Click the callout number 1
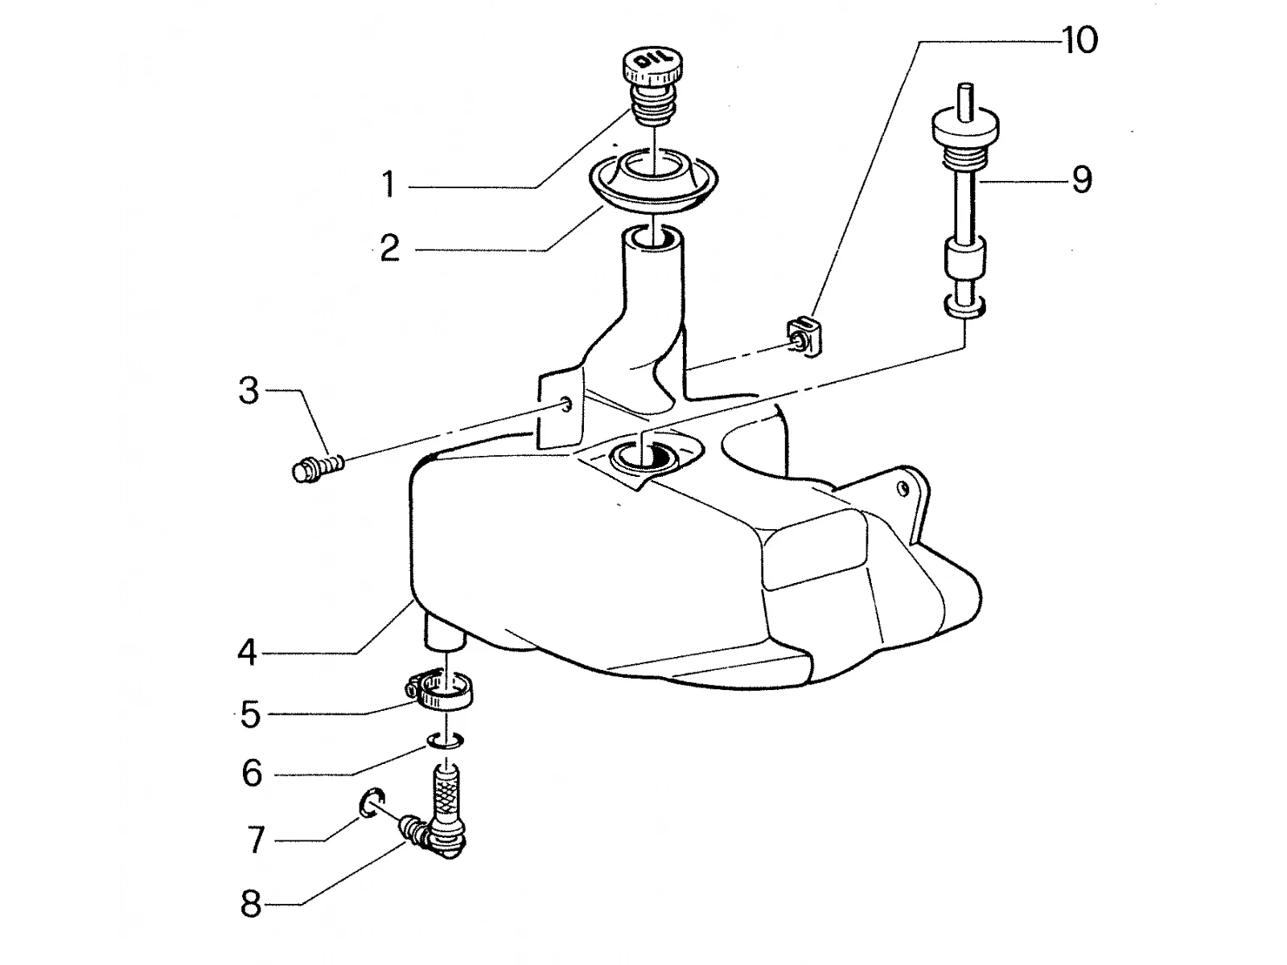(x=389, y=184)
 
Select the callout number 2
(x=390, y=248)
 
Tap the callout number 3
(x=249, y=391)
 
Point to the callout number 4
(x=248, y=652)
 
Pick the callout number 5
(x=251, y=715)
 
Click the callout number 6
(x=252, y=774)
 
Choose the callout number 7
(x=256, y=840)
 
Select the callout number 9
(x=1082, y=179)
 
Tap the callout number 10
(x=1079, y=40)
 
